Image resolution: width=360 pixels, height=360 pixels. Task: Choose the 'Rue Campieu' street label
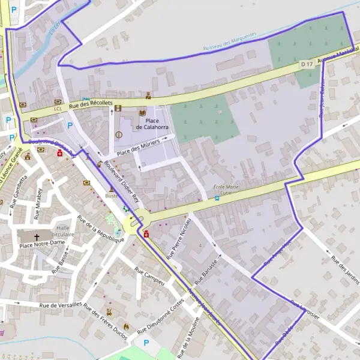tap(150, 275)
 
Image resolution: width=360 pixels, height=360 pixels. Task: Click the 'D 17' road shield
tap(307, 64)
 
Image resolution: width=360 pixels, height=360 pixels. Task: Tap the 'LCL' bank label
tap(58, 109)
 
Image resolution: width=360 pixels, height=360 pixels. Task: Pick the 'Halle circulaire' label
tap(64, 231)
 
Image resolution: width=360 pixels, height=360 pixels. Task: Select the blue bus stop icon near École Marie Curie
tap(217, 198)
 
